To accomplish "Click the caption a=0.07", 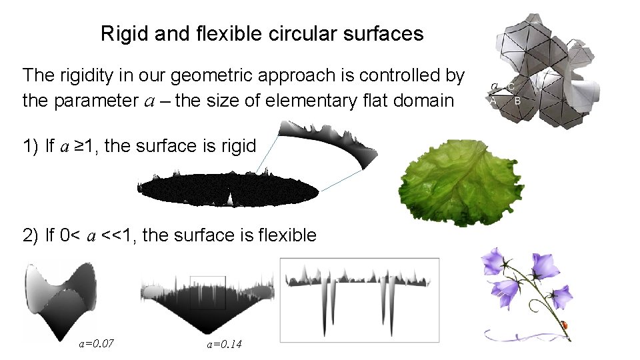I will click(x=96, y=344).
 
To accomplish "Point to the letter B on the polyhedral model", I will click(x=517, y=101).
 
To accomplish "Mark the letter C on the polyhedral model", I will click(x=511, y=87).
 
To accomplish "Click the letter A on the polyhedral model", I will click(x=493, y=101).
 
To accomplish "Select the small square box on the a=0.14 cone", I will click(x=208, y=293).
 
